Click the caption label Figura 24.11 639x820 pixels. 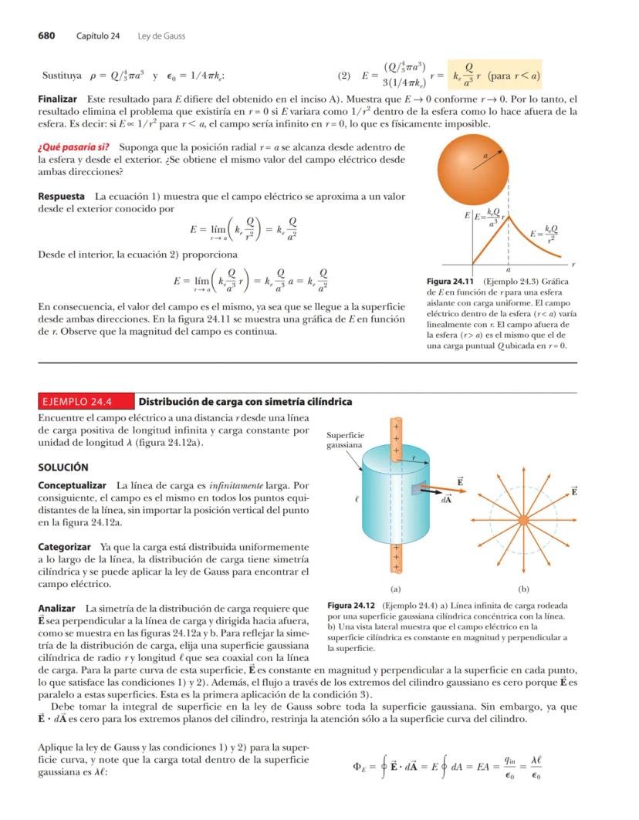pos(450,282)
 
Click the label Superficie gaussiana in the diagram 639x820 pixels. pos(345,440)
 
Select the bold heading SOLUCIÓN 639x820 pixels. pos(63,467)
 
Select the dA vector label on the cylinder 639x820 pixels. pos(445,499)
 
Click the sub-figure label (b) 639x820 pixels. pos(524,586)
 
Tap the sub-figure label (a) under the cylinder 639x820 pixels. pos(396,586)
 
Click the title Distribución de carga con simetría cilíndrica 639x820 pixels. pos(245,402)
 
